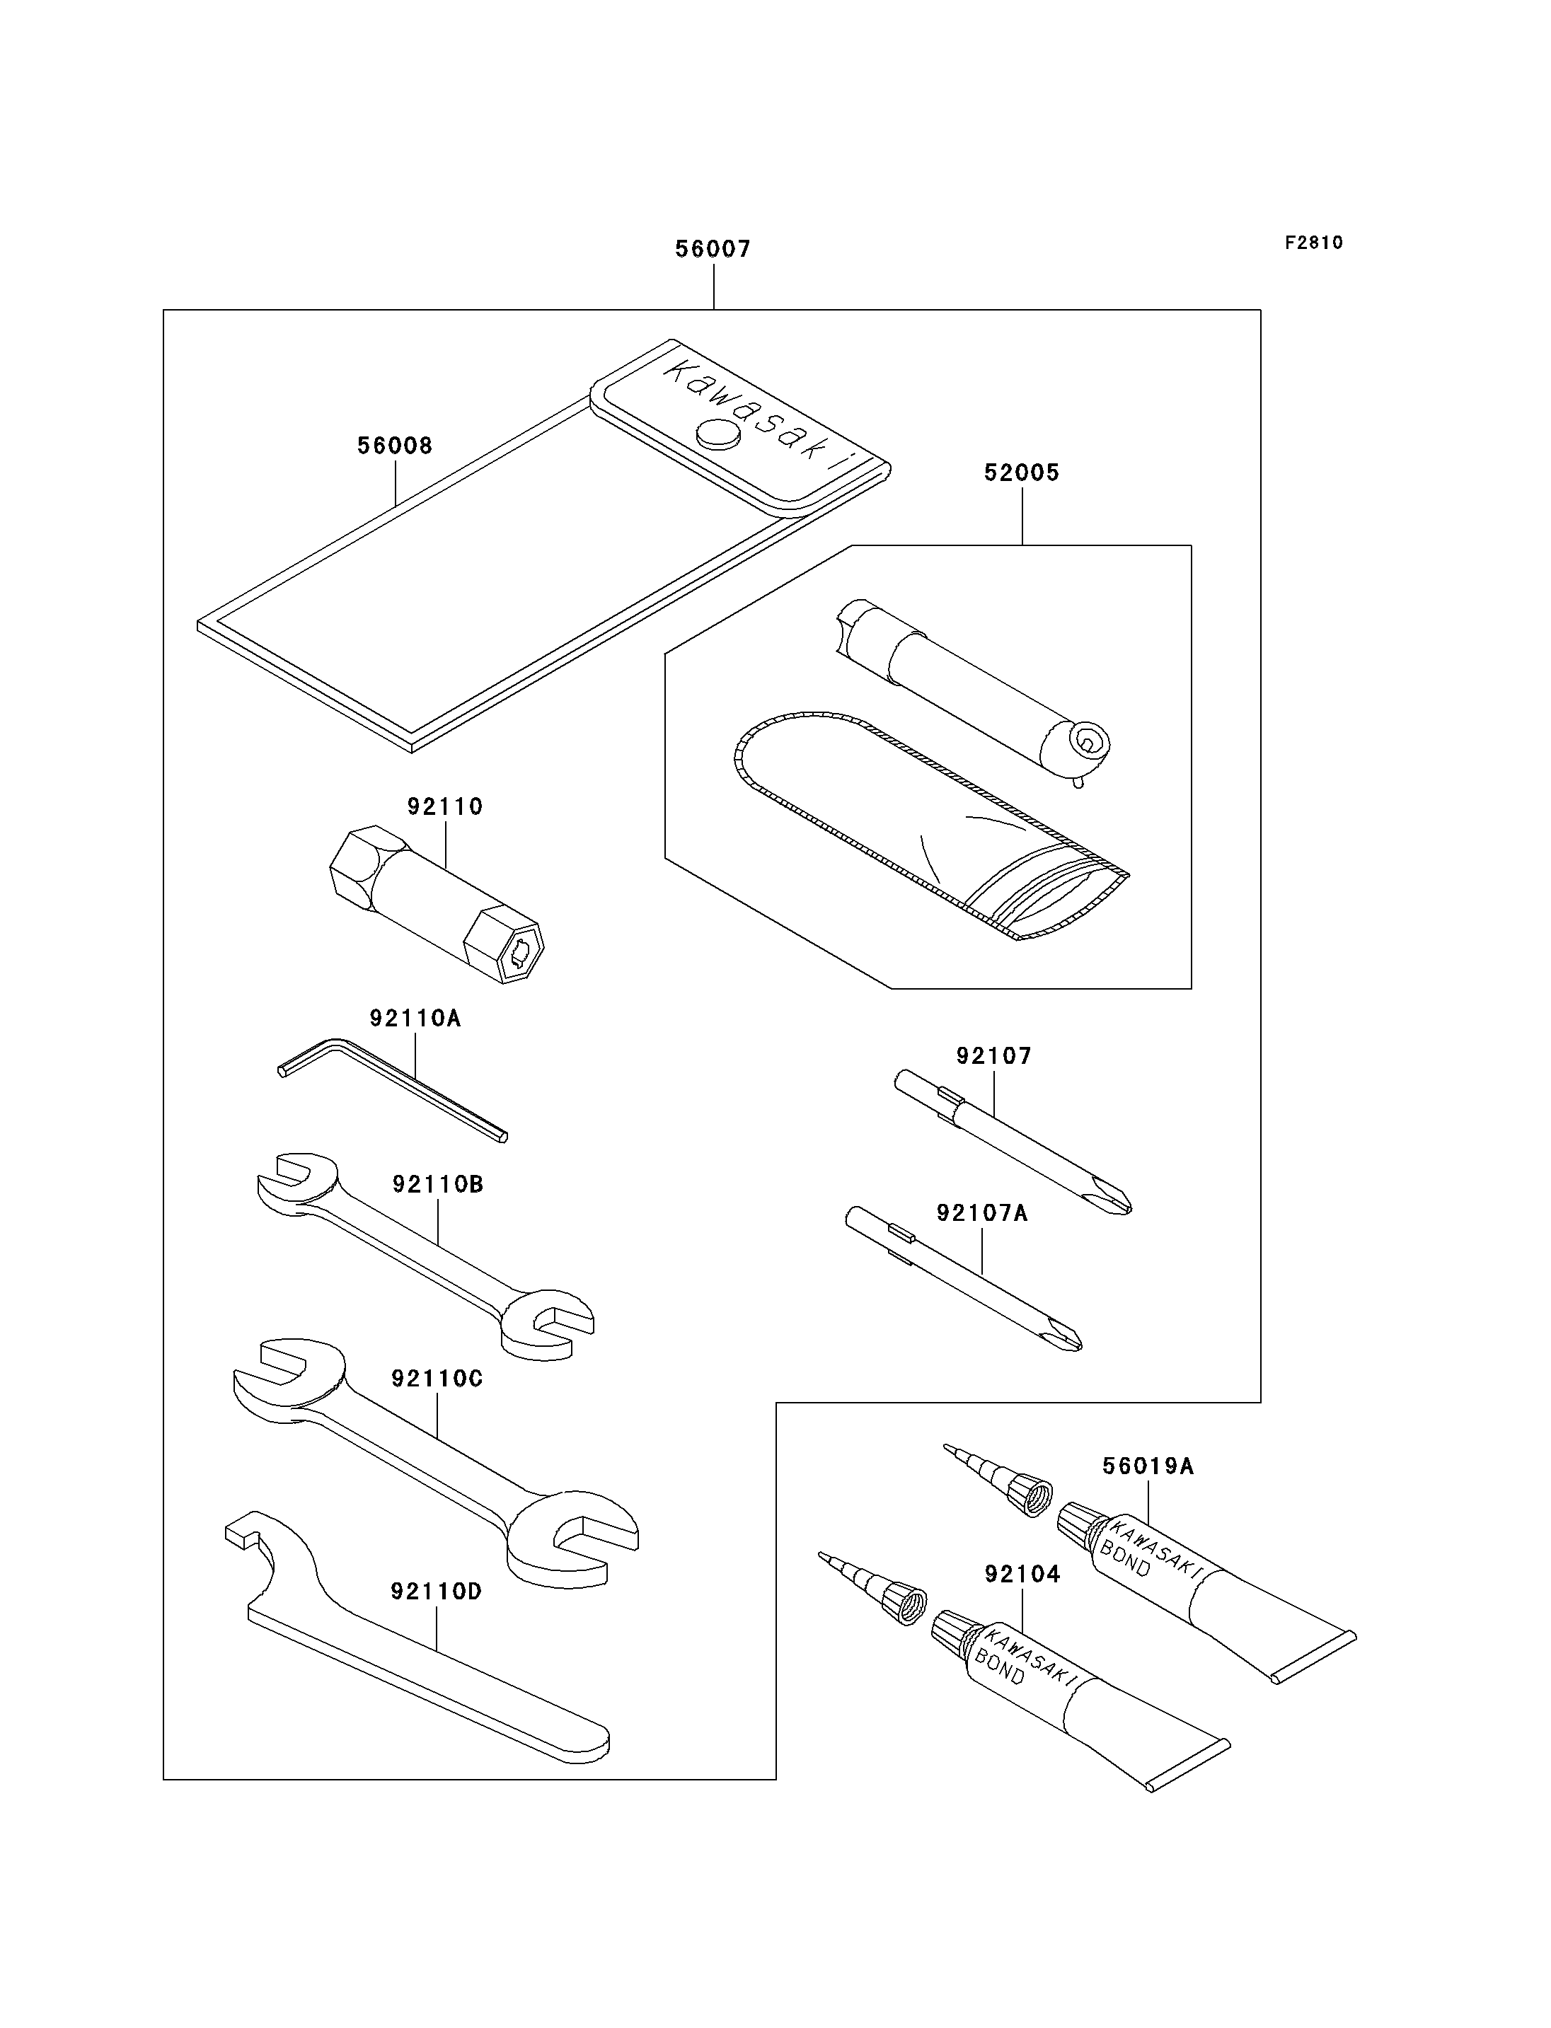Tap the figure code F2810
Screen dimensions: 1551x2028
click(x=1314, y=243)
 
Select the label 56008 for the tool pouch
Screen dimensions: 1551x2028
click(x=395, y=446)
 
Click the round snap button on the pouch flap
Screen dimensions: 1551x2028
click(x=718, y=435)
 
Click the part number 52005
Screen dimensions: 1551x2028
click(x=1022, y=473)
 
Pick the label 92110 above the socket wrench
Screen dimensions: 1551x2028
click(x=445, y=807)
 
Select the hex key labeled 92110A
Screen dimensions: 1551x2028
click(x=393, y=1090)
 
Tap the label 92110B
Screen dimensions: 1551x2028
click(x=437, y=1184)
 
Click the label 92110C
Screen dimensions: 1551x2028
click(x=437, y=1378)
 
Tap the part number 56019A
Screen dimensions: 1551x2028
click(x=1148, y=1466)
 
